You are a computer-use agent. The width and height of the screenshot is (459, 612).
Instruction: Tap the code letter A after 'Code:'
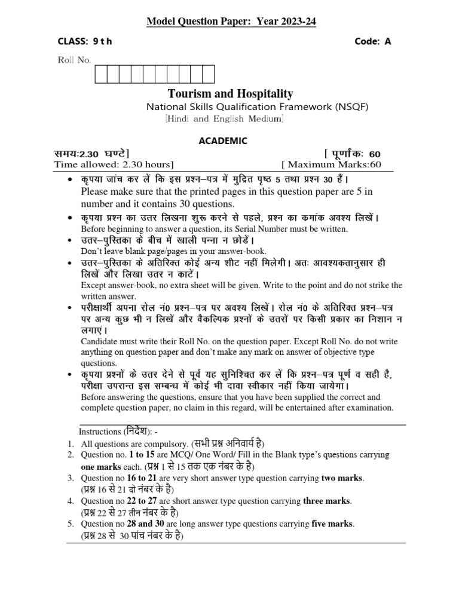pyautogui.click(x=387, y=41)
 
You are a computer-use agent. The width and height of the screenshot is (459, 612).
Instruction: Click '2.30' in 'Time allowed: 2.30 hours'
pyautogui.click(x=131, y=164)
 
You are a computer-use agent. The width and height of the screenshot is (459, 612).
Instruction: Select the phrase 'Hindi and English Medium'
pyautogui.click(x=225, y=119)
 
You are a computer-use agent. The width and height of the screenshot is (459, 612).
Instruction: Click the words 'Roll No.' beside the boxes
pyautogui.click(x=74, y=60)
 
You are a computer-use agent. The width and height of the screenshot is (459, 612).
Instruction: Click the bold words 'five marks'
pyautogui.click(x=332, y=524)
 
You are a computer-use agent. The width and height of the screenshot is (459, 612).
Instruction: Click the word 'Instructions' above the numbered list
pyautogui.click(x=100, y=432)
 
